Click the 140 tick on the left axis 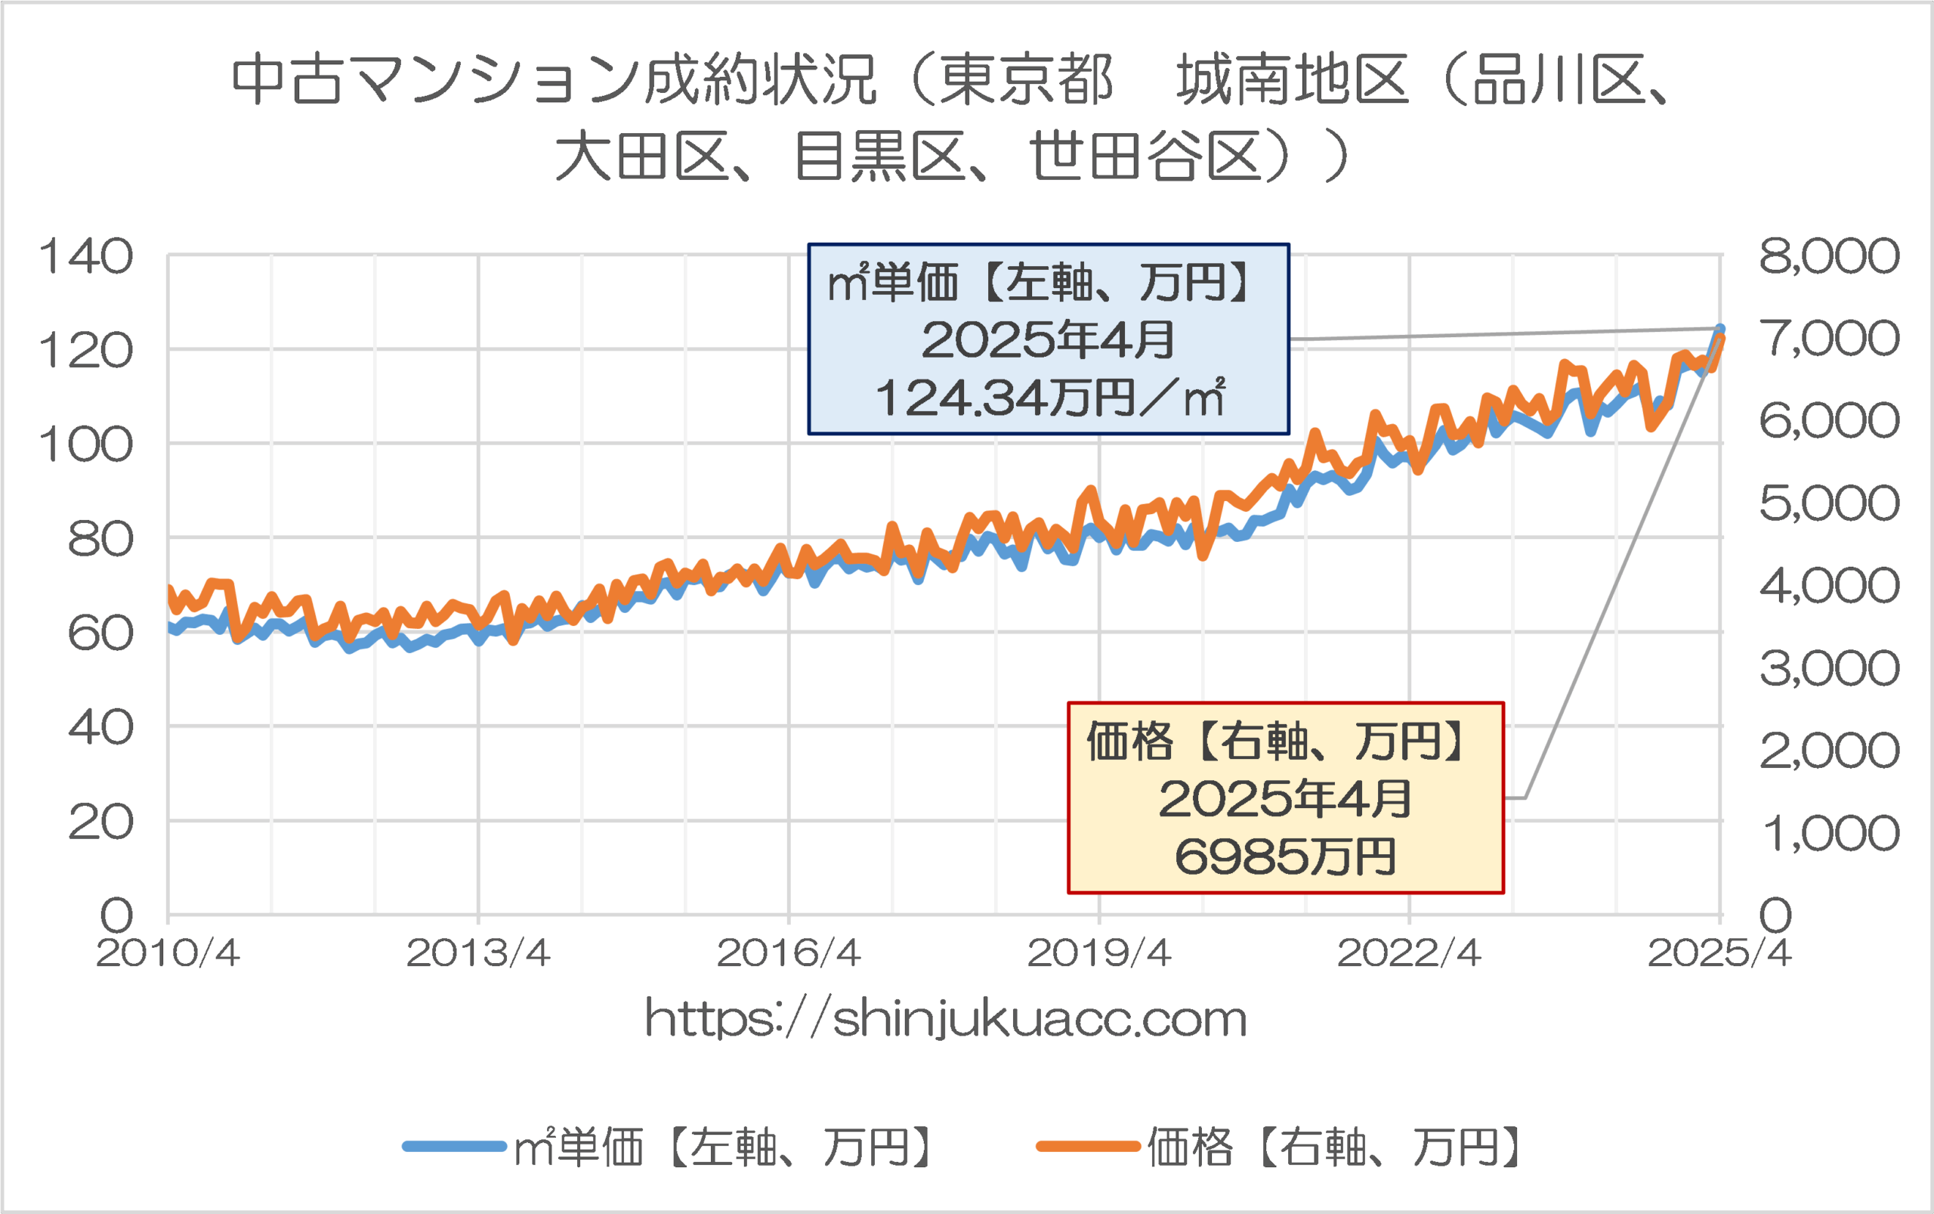coord(86,257)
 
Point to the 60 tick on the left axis coord(100,633)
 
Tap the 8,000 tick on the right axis coord(1829,256)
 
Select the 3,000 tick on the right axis coord(1829,668)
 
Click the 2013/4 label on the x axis coord(478,954)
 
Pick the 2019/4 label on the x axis coord(1098,954)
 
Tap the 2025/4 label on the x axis coord(1719,954)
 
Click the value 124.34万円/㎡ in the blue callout coord(1049,398)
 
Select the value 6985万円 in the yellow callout coord(1286,856)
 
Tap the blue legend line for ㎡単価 coord(454,1147)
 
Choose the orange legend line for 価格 coord(1087,1147)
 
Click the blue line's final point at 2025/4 coord(1719,328)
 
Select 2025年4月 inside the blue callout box coord(1048,339)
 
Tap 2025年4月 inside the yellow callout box coord(1285,799)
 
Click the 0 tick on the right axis coord(1775,915)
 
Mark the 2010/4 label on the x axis coord(168,954)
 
